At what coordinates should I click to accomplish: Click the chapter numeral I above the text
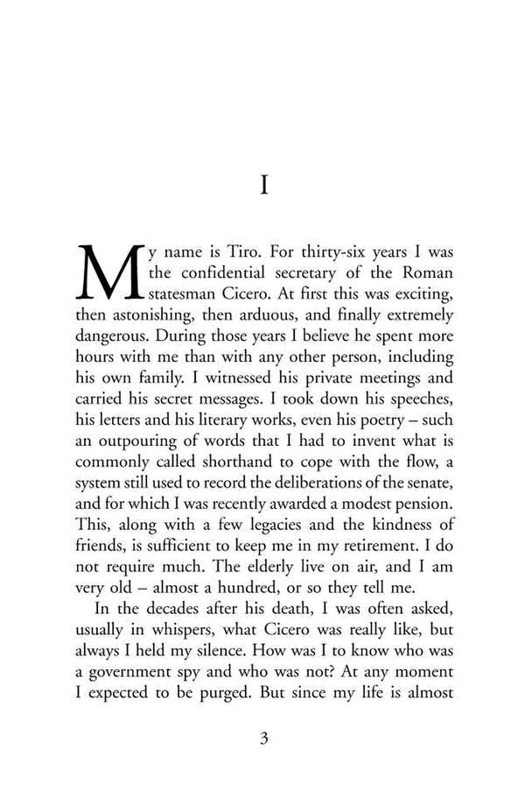click(x=263, y=186)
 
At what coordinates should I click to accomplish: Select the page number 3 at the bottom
click(x=263, y=738)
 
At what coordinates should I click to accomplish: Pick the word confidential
click(x=232, y=272)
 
